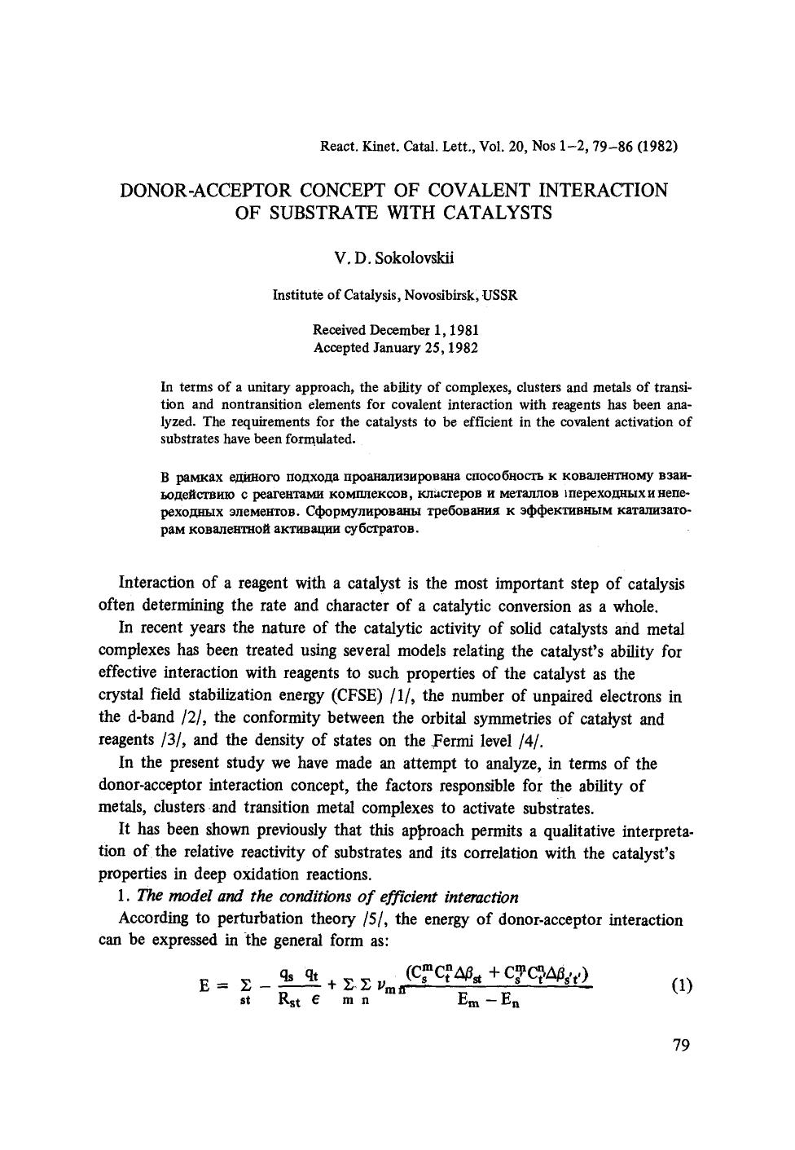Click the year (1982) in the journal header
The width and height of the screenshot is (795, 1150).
(658, 147)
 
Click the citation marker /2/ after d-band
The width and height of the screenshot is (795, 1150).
(193, 719)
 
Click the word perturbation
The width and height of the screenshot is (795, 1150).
(258, 920)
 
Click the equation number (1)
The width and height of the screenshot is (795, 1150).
(681, 985)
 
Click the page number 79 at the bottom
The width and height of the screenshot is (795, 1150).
(682, 1046)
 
